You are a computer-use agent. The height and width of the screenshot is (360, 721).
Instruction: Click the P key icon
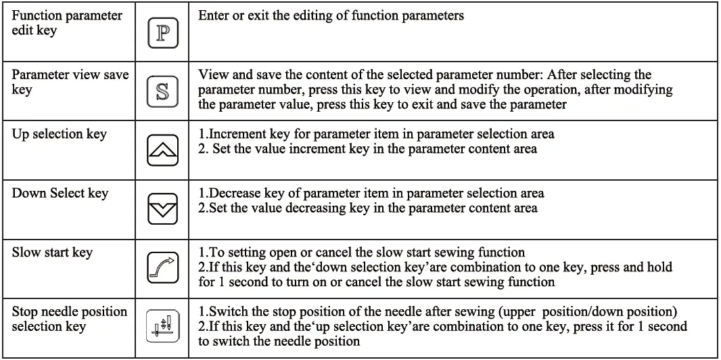(162, 33)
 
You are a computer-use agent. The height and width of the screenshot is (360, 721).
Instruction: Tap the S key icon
(162, 91)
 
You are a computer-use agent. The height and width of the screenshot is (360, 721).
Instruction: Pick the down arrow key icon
(162, 210)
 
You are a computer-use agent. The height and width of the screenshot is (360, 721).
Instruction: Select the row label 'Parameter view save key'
(70, 82)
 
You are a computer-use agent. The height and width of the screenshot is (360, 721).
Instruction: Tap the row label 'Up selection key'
(59, 133)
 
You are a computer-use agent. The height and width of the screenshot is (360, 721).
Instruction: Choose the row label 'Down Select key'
(60, 194)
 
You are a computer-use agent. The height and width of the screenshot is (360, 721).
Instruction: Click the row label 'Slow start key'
(52, 252)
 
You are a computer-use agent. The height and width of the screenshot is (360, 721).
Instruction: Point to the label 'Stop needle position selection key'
(69, 319)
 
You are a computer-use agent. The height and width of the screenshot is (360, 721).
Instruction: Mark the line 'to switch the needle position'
(279, 341)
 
